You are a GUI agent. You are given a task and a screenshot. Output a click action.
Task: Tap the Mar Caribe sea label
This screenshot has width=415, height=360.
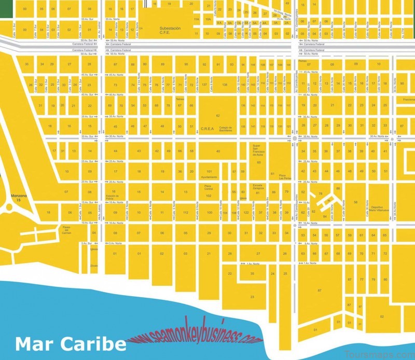(70, 343)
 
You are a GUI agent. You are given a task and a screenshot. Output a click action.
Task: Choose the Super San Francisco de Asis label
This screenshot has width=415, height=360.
(258, 150)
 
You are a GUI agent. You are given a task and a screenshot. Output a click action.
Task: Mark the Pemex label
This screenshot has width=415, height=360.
(303, 60)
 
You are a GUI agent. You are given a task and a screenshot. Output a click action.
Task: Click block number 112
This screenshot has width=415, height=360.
(185, 213)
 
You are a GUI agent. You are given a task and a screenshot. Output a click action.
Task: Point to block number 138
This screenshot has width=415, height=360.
(225, 85)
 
